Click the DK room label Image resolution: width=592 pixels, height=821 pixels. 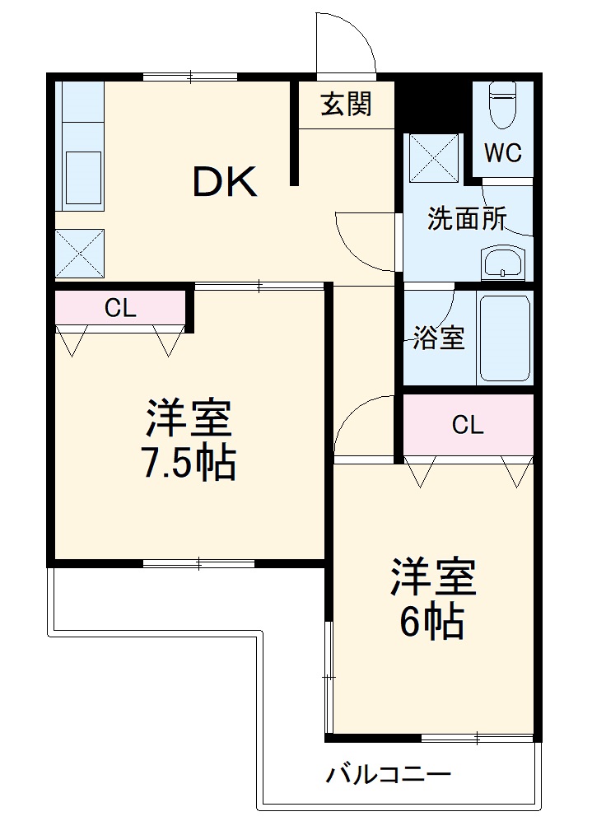225,182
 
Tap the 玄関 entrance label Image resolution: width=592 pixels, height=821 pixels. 346,104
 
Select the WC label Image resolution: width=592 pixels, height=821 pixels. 502,153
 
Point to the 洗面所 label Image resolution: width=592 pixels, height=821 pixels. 466,219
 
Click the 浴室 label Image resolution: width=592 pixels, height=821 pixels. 438,338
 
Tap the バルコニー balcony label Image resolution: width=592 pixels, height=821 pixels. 389,775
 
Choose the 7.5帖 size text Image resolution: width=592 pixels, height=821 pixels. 189,464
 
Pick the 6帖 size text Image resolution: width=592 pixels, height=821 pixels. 431,623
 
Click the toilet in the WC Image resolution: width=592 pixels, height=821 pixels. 501,104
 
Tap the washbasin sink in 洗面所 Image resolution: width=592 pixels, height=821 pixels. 503,264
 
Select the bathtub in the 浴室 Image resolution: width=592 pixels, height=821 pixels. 505,337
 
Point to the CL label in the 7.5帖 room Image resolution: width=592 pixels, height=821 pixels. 120,308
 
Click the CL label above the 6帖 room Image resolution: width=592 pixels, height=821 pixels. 468,425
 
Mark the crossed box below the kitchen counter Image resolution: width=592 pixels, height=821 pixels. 79,253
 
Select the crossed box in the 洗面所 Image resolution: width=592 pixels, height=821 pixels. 434,156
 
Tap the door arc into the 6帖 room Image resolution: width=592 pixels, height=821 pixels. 362,424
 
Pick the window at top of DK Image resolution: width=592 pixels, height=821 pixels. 190,77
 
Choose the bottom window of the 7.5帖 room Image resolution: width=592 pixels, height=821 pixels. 198,564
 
